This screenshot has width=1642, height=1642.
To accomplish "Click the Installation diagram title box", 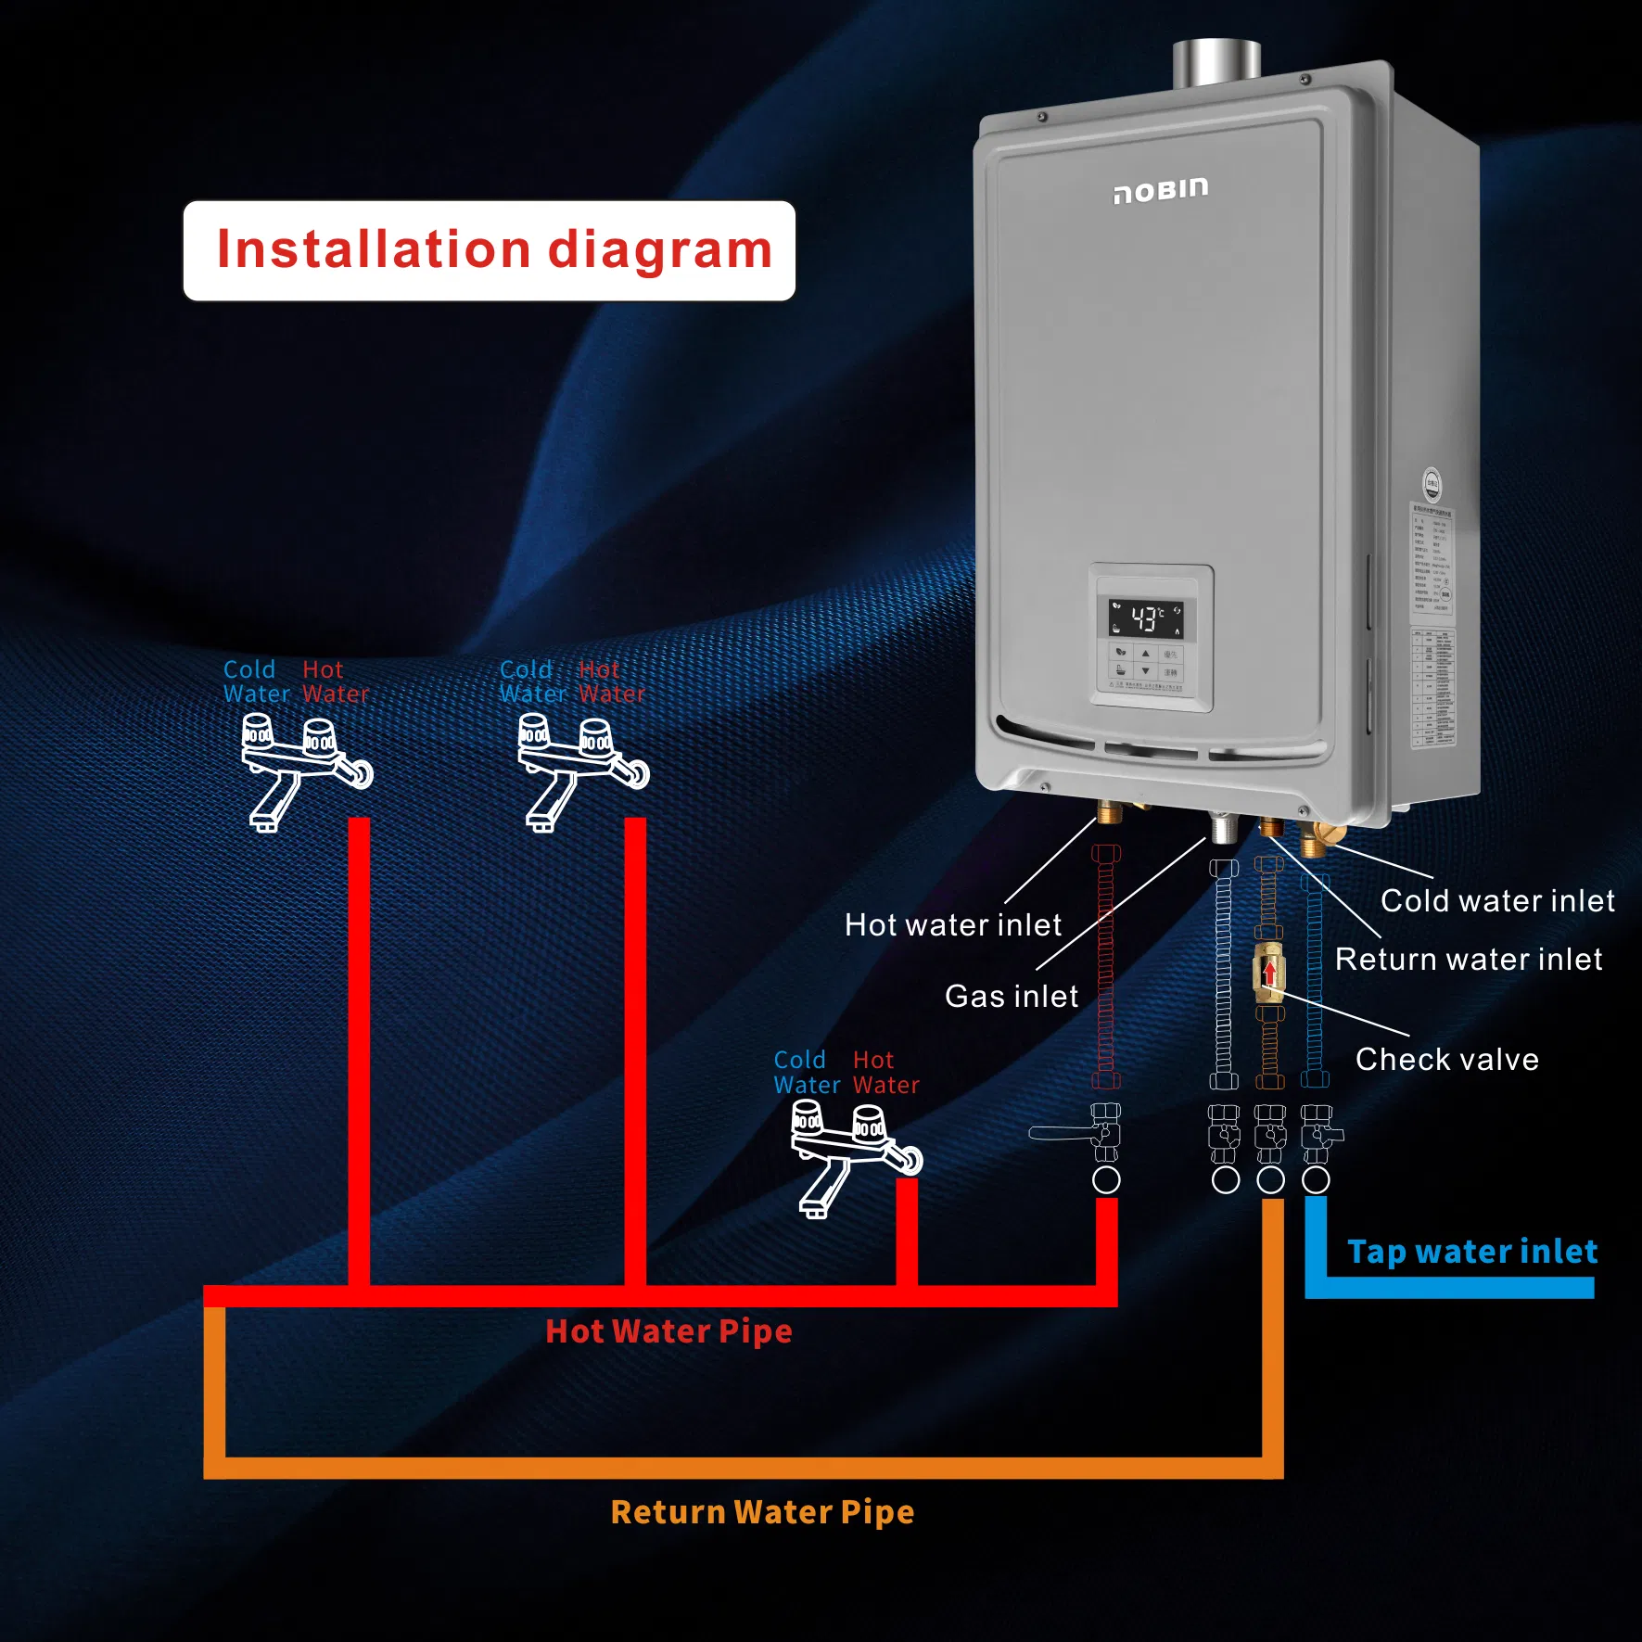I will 489,250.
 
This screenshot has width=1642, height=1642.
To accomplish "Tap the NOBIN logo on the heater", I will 1161,190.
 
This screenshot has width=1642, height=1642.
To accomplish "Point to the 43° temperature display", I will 1146,618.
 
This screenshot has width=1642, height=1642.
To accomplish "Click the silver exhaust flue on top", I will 1216,63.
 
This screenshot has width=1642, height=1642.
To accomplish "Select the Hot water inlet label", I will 952,925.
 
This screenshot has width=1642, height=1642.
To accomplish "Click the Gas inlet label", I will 1011,996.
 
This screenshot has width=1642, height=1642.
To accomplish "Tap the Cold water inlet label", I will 1496,900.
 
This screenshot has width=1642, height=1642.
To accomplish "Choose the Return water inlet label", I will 1468,959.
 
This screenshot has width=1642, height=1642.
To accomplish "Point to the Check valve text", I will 1446,1059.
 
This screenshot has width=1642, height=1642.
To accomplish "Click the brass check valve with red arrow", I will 1268,973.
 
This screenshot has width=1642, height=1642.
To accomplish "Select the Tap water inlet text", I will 1471,1252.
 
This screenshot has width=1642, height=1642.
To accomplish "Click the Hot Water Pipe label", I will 668,1331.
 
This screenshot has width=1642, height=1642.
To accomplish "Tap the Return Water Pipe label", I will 762,1512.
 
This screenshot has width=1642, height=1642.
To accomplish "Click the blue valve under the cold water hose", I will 1318,1134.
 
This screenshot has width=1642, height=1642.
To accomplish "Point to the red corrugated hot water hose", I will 1105,964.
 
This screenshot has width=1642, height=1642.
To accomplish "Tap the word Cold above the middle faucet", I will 525,669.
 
